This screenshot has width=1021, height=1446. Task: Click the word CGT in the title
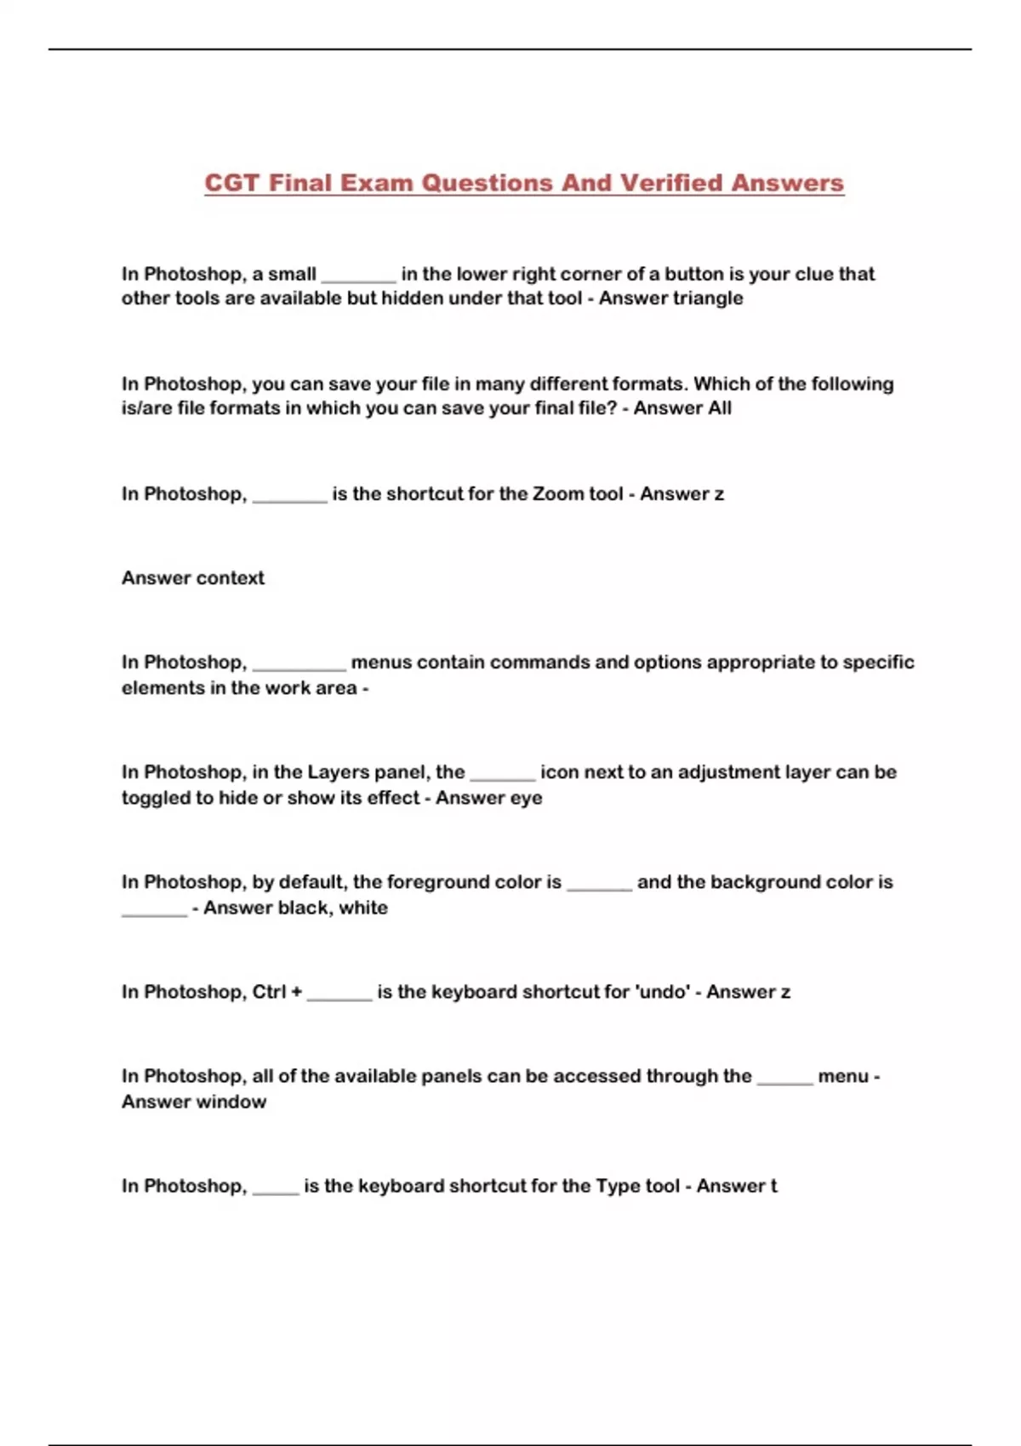(231, 183)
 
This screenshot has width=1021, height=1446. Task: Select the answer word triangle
(707, 299)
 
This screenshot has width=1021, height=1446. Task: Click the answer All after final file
(719, 408)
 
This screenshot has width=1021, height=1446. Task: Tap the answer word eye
(526, 798)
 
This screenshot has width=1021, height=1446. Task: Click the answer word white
(363, 908)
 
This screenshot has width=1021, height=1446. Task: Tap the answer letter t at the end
(773, 1186)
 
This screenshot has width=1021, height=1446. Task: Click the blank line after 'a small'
(358, 280)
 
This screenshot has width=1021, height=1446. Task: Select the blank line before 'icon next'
(502, 778)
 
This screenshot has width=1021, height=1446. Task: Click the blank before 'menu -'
(784, 1082)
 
